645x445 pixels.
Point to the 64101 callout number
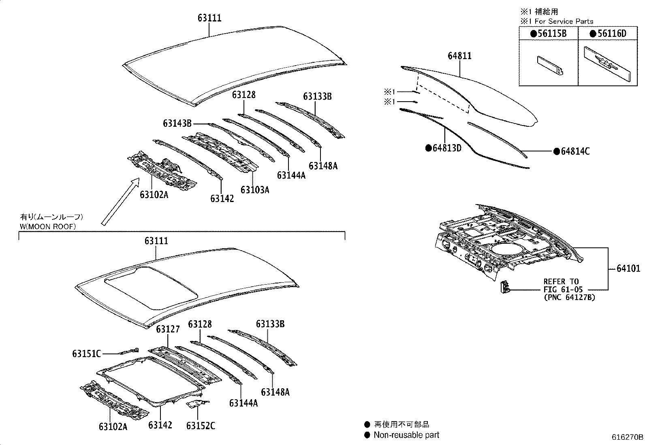(628, 268)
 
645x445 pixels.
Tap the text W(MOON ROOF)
(48, 227)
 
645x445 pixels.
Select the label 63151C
(86, 353)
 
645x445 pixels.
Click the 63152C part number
(201, 426)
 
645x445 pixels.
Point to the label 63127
(168, 329)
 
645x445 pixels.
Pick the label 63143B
(177, 123)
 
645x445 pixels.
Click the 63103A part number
(255, 189)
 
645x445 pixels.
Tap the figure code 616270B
(627, 437)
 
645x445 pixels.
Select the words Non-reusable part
(406, 435)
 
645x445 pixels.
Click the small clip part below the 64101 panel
(505, 286)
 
